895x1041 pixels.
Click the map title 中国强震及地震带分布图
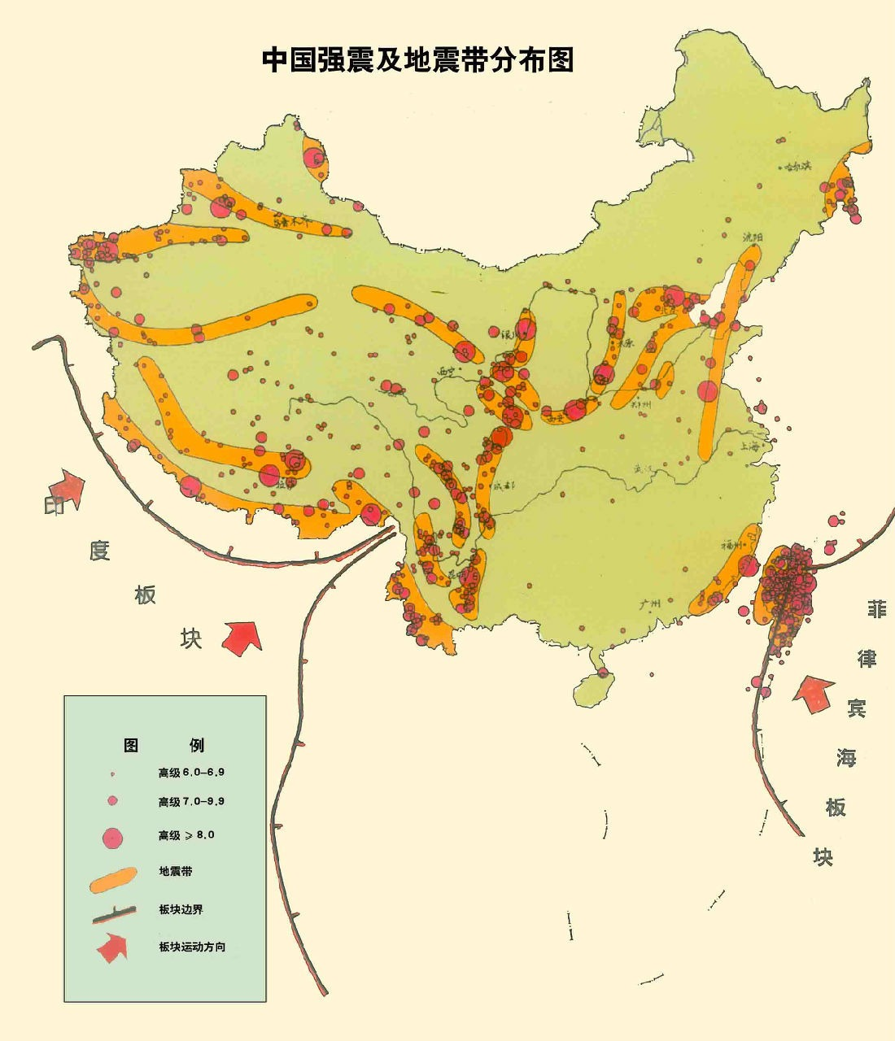pyautogui.click(x=417, y=60)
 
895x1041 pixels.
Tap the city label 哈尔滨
pyautogui.click(x=797, y=166)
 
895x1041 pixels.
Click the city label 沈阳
pyautogui.click(x=753, y=237)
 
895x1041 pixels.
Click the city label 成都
pyautogui.click(x=504, y=486)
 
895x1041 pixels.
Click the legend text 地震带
pyautogui.click(x=176, y=871)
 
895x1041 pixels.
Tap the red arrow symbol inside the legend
pyautogui.click(x=112, y=947)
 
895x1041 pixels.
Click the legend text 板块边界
pyautogui.click(x=181, y=909)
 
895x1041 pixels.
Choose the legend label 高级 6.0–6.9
pyautogui.click(x=191, y=772)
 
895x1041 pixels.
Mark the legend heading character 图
pyautogui.click(x=131, y=745)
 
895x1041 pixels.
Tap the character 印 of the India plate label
pyautogui.click(x=55, y=506)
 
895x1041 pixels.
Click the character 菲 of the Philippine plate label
pyautogui.click(x=876, y=608)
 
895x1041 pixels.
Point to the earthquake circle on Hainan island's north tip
pyautogui.click(x=602, y=673)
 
